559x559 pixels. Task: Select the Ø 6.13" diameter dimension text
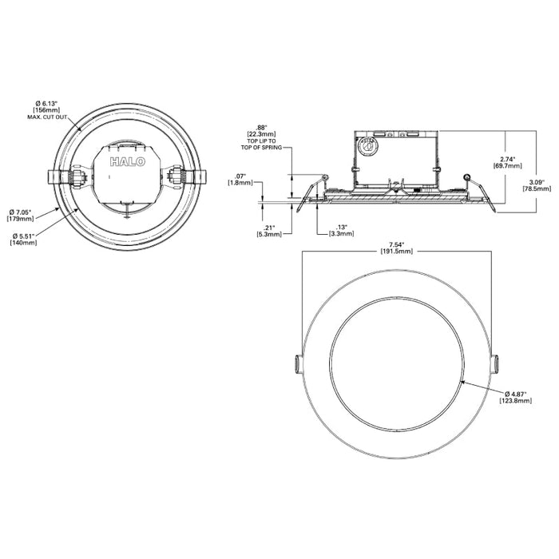coord(48,104)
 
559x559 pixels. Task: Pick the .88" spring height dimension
coord(261,127)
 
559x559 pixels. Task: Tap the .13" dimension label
coord(341,227)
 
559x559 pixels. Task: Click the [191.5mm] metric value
coord(397,251)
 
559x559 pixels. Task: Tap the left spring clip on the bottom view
coord(298,363)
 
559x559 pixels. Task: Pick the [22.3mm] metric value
coord(261,133)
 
